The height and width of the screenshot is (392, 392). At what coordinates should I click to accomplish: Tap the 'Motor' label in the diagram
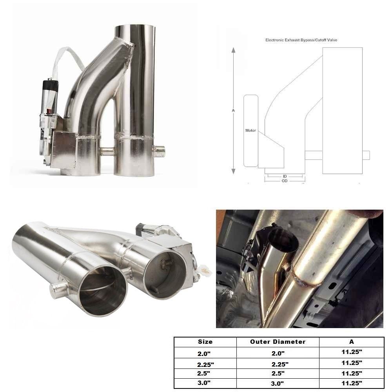[x=250, y=130]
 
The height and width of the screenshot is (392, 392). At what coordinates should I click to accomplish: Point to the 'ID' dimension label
[x=284, y=176]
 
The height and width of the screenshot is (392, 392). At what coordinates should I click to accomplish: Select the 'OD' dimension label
[x=284, y=181]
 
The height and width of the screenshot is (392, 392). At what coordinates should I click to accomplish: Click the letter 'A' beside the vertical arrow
[x=233, y=111]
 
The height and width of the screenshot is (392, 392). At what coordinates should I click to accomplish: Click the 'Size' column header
[x=205, y=342]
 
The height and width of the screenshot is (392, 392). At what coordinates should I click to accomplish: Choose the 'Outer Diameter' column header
[x=278, y=342]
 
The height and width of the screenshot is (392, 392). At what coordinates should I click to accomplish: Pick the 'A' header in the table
[x=351, y=342]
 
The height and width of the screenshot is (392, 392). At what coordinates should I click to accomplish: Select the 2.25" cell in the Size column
[x=205, y=364]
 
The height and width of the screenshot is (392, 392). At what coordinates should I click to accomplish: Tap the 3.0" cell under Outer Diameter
[x=278, y=383]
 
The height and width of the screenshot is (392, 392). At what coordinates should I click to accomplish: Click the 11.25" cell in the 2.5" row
[x=351, y=373]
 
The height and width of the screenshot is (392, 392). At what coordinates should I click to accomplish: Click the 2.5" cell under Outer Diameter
[x=278, y=373]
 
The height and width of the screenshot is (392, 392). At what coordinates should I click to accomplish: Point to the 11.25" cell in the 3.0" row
[x=351, y=383]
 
